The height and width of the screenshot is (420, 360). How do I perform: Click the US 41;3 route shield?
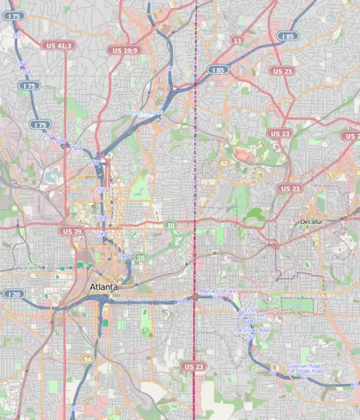58,46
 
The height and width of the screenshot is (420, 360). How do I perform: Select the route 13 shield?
236,41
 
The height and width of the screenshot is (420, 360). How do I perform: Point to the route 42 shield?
224,164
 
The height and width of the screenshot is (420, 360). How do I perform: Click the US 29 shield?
70,231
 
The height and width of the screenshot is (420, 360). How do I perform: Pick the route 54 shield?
88,359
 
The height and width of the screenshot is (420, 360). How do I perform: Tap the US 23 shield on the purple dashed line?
194,366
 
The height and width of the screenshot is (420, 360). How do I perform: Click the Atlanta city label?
103,288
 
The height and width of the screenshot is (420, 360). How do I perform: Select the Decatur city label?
311,222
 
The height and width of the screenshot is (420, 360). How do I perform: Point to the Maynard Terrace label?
216,290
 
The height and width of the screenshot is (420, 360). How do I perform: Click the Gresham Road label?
304,366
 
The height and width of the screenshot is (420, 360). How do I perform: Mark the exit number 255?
16,35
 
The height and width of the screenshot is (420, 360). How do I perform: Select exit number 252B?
59,141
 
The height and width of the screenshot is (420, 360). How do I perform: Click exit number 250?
94,162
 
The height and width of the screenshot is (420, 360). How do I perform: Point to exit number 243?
72,408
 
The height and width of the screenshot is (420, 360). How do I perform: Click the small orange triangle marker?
151,334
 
